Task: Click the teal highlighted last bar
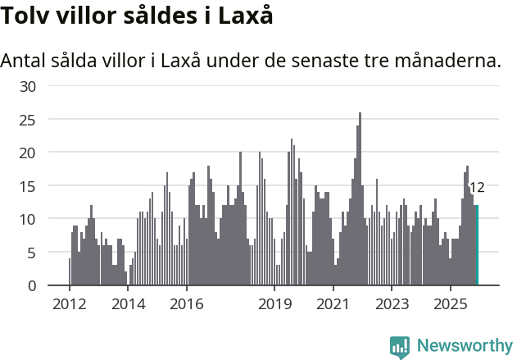(x=477, y=245)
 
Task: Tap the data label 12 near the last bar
(x=476, y=187)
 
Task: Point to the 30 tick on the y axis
(x=28, y=86)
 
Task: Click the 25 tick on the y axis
(x=28, y=120)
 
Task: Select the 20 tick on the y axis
(x=28, y=153)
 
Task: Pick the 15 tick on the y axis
(x=28, y=186)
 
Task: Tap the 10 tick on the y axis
(x=28, y=219)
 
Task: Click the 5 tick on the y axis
(x=32, y=253)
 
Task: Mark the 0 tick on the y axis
(x=32, y=285)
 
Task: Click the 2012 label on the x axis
(x=69, y=304)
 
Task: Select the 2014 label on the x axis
(x=128, y=304)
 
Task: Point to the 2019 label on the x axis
(x=274, y=304)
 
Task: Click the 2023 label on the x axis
(x=392, y=304)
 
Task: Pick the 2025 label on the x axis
(x=450, y=304)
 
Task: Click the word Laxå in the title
(x=244, y=16)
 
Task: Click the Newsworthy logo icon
(x=400, y=346)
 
